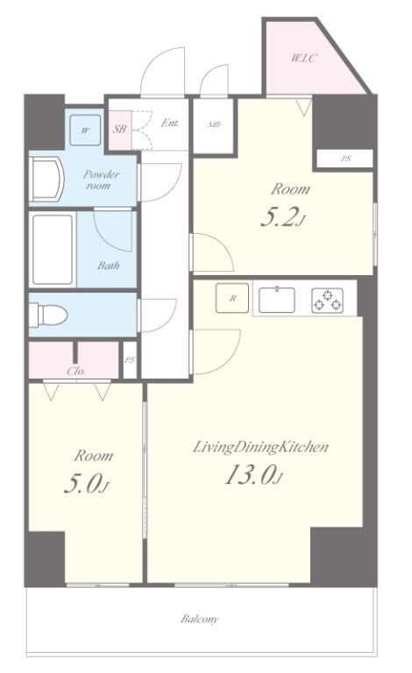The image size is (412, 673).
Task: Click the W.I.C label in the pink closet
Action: click(304, 58)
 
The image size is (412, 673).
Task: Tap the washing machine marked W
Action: click(86, 130)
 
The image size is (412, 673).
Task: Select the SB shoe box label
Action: click(119, 128)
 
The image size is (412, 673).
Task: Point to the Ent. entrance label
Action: click(170, 124)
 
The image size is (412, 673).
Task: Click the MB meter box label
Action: click(214, 124)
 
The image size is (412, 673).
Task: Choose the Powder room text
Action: click(101, 180)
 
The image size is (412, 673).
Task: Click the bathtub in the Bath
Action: click(53, 250)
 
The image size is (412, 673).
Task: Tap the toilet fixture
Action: click(48, 315)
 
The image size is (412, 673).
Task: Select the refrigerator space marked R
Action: click(232, 298)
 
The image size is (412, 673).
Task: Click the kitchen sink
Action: click(276, 299)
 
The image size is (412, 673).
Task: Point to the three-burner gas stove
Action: click(328, 300)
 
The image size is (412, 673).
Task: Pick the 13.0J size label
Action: click(253, 475)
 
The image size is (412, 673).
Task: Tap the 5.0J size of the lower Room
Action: click(87, 484)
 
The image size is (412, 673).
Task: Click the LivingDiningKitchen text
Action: click(260, 447)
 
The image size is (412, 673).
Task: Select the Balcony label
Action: click(200, 619)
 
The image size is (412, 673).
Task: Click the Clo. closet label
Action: click(76, 372)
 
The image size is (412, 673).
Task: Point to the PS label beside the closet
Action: click(130, 360)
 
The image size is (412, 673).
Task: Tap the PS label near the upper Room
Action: click(345, 159)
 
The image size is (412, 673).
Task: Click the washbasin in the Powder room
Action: click(46, 179)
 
